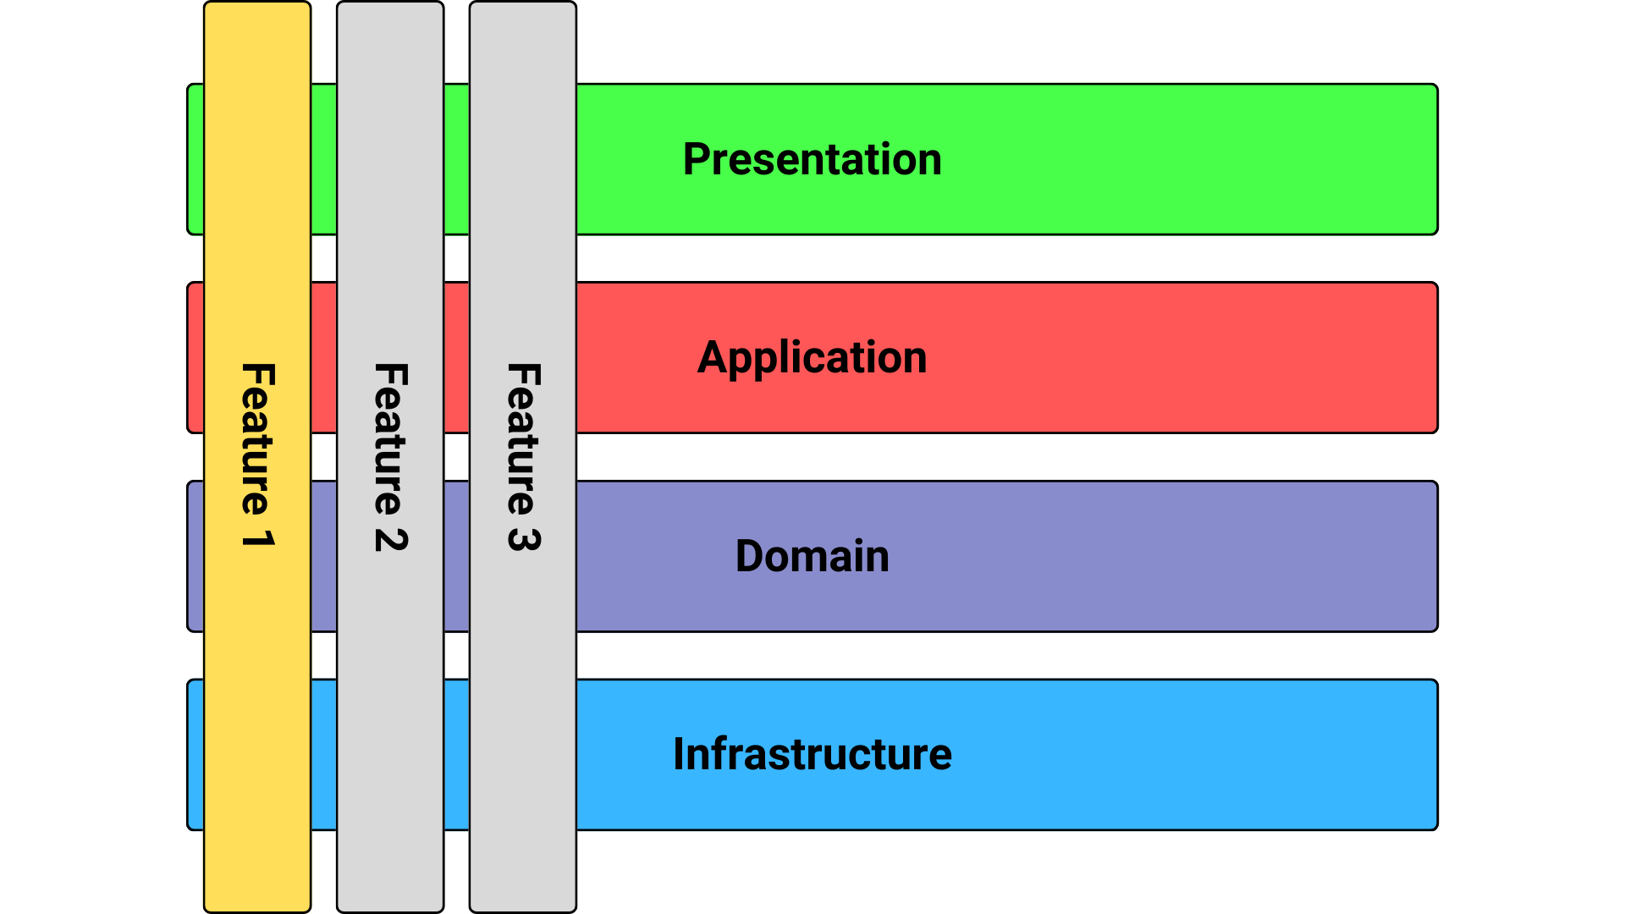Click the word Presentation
(x=812, y=159)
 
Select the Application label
(x=812, y=358)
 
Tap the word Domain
(x=812, y=556)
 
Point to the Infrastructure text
(x=812, y=754)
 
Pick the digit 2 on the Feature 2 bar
(x=391, y=540)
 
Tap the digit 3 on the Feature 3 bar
(x=523, y=540)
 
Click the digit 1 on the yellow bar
(x=257, y=538)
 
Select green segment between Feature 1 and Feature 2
(x=323, y=159)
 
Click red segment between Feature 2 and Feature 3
(x=456, y=358)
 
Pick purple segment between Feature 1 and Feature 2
(x=323, y=556)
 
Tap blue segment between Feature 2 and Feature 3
(x=456, y=754)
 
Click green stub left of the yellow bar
(x=196, y=159)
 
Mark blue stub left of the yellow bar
(x=196, y=754)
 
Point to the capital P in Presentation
(x=697, y=159)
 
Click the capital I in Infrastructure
(x=679, y=754)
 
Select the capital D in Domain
(x=750, y=556)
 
